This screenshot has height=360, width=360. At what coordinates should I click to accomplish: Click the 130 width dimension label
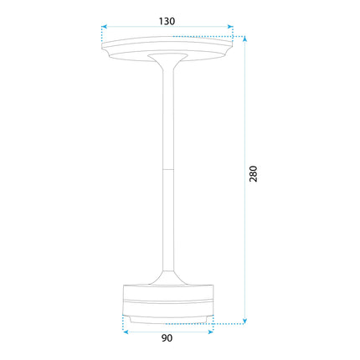pos(167,21)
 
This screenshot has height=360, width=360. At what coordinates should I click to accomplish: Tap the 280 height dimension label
pos(253,173)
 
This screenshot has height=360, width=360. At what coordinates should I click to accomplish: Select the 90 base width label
pos(167,338)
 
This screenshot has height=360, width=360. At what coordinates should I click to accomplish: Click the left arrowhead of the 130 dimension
pos(104,27)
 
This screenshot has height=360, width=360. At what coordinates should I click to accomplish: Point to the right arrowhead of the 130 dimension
pos(230,27)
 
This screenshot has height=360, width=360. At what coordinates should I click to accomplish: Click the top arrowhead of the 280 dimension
pos(244,39)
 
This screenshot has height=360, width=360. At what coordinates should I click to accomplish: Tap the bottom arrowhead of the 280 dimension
pos(244,321)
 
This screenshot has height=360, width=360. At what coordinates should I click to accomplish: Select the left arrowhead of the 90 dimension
pos(126,332)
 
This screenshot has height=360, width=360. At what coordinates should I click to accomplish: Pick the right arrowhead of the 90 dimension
pos(210,332)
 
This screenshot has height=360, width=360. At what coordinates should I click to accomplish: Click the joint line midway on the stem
pos(168,169)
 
